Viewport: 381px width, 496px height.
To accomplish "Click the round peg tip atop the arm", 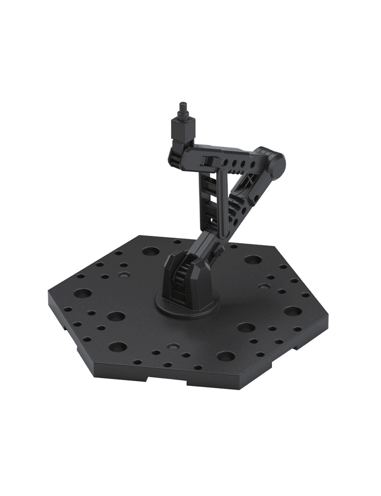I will (182, 106).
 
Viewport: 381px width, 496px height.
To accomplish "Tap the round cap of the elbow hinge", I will (276, 162).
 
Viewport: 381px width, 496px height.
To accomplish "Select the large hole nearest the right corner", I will (292, 311).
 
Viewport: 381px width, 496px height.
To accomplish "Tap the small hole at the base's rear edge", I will (177, 241).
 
